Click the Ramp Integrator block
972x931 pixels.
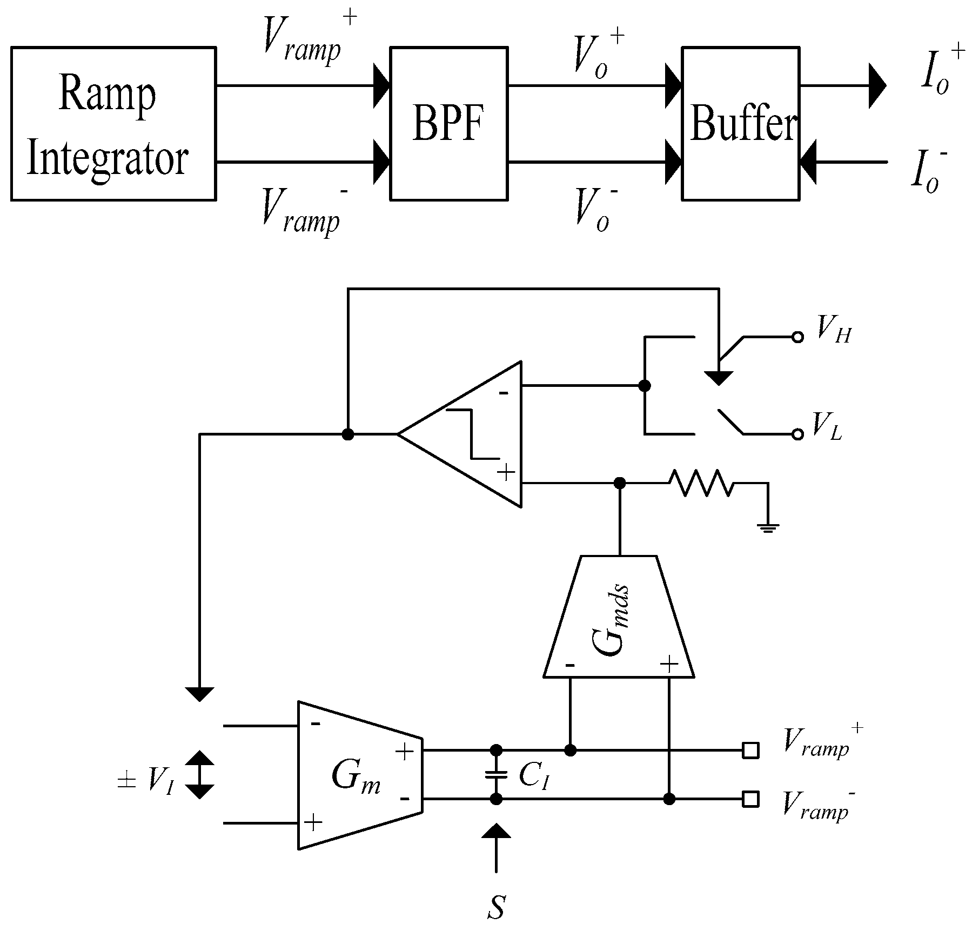[113, 124]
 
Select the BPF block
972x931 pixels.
[448, 124]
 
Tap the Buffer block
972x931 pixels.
[741, 124]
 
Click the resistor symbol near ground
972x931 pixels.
[701, 483]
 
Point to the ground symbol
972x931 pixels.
[768, 527]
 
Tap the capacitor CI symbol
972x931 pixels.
[495, 775]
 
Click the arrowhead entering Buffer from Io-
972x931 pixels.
[809, 162]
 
